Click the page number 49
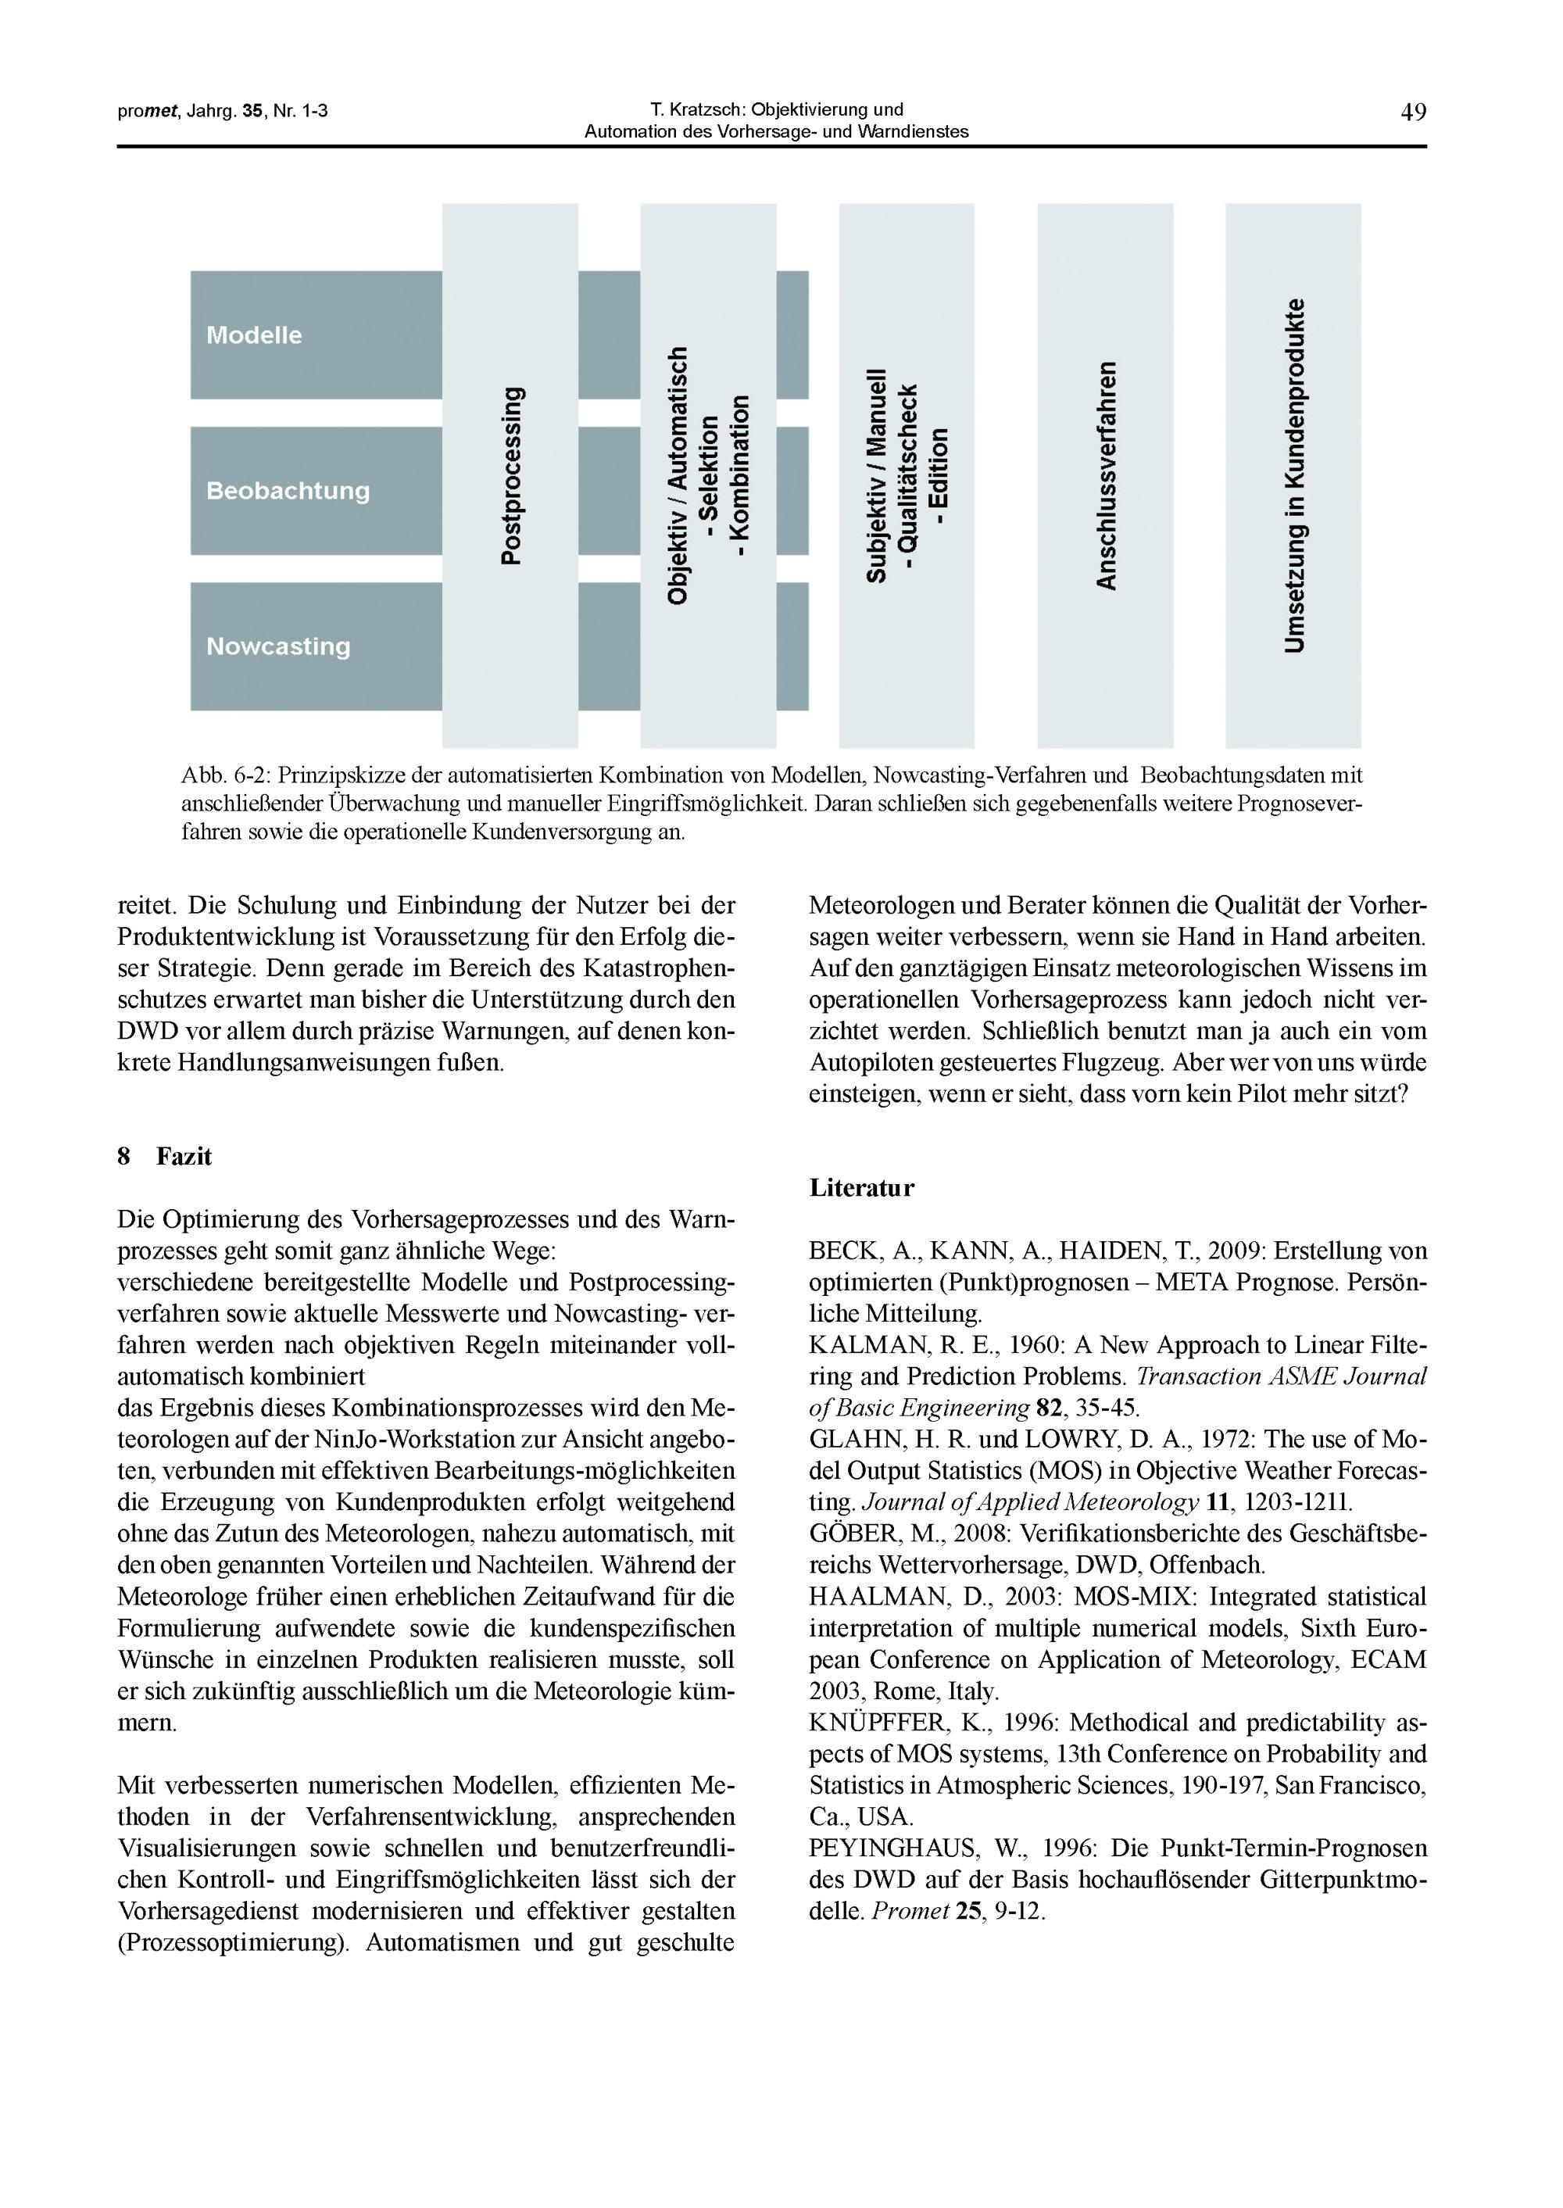tap(1413, 113)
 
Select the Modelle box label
tap(254, 335)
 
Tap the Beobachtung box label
tap(288, 491)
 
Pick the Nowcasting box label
tap(278, 646)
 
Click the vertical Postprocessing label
tap(512, 474)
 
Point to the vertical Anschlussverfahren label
tap(1106, 475)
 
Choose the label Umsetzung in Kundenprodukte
tap(1294, 475)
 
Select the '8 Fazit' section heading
tap(165, 1157)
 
